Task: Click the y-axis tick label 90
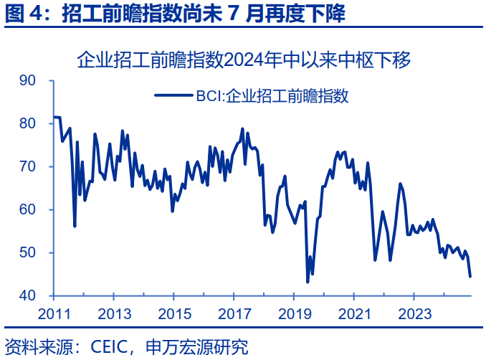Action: (27, 80)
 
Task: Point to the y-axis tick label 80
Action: (27, 123)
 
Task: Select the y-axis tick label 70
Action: (27, 166)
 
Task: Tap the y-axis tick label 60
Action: (27, 209)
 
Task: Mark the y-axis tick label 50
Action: (27, 252)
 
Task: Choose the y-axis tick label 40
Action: (27, 295)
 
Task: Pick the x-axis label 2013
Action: (113, 313)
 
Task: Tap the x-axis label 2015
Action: (174, 313)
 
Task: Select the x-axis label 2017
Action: (234, 313)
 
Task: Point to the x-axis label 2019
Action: (295, 313)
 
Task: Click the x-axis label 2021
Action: (355, 313)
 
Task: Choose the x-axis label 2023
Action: (415, 313)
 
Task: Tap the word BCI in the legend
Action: (204, 95)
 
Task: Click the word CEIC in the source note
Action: (108, 348)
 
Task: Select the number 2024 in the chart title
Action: (244, 60)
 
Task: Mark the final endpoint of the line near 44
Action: (470, 276)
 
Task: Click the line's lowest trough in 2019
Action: (308, 282)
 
